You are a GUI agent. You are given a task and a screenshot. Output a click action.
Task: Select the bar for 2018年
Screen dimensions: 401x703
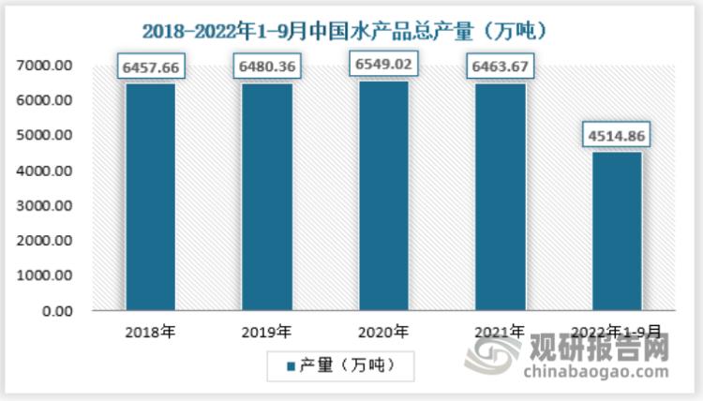(x=150, y=197)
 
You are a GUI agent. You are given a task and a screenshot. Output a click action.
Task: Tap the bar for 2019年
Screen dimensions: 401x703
(x=266, y=197)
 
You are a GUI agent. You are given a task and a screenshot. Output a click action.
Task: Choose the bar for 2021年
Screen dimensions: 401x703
(x=500, y=197)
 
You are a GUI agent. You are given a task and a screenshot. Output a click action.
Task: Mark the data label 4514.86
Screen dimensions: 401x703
(x=616, y=136)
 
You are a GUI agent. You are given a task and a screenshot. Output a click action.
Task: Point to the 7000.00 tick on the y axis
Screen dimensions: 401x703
(x=44, y=66)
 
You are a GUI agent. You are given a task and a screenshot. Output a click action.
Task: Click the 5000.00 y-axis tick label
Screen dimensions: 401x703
(x=44, y=136)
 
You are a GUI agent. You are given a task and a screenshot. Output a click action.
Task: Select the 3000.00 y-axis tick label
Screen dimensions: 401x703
(x=44, y=206)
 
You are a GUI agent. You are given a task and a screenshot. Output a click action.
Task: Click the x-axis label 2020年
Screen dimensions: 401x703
(x=383, y=331)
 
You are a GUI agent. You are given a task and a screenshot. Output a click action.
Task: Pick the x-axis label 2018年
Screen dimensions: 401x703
(x=150, y=331)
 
